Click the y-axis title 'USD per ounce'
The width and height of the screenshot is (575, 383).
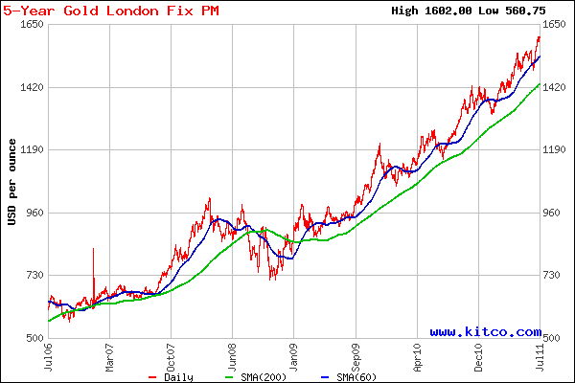coord(11,182)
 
